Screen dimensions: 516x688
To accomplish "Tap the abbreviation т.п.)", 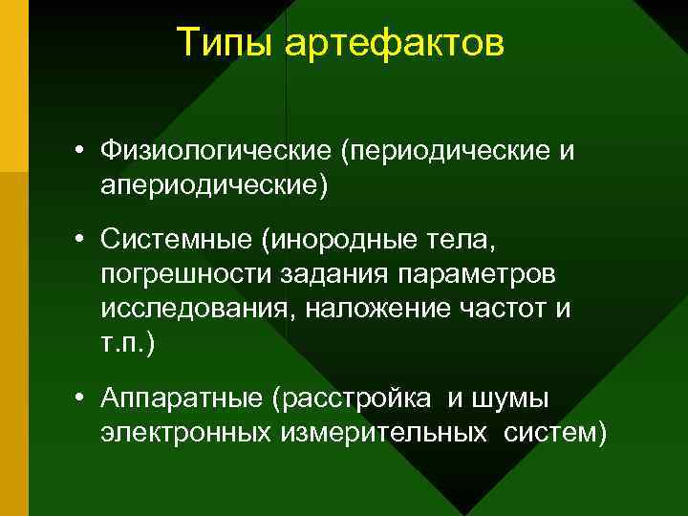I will click(x=125, y=341).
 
